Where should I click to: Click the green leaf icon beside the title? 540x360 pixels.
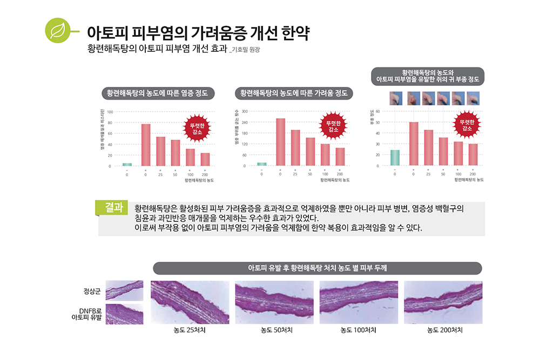tap(56, 31)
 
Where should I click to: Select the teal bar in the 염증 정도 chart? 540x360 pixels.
tap(127, 164)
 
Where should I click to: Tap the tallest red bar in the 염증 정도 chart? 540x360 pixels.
tap(146, 145)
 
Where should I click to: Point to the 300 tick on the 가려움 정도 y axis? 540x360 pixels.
tap(245, 111)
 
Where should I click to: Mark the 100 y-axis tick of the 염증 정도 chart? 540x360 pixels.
tap(110, 112)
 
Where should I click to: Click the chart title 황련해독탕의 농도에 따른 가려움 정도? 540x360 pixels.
tap(294, 93)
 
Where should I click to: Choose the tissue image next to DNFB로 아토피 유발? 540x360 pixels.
tap(125, 314)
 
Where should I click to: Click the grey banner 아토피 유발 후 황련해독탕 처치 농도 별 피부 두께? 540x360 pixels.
tap(317, 268)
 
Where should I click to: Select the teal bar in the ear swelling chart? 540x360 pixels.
tap(395, 158)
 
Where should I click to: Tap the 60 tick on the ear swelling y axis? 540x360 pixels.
tap(378, 111)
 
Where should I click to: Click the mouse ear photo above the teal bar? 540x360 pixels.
tap(395, 98)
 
